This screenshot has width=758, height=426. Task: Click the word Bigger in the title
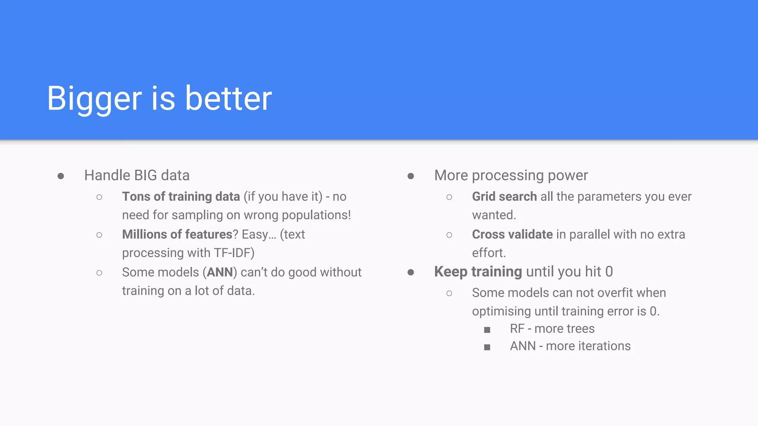(94, 99)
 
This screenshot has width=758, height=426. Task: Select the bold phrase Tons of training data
(181, 197)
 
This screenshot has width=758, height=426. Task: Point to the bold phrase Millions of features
(177, 234)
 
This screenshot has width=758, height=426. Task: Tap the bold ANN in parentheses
(219, 273)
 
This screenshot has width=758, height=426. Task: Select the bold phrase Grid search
(504, 197)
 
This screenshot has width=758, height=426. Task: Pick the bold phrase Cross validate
(512, 234)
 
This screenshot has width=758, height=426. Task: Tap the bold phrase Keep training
(478, 272)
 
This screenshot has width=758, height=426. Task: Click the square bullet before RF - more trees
(487, 329)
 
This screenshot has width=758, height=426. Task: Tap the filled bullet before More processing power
(410, 176)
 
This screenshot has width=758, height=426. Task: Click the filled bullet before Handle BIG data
(61, 176)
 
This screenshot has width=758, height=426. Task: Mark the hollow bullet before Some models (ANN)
(99, 273)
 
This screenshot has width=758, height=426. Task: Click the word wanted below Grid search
(493, 215)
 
